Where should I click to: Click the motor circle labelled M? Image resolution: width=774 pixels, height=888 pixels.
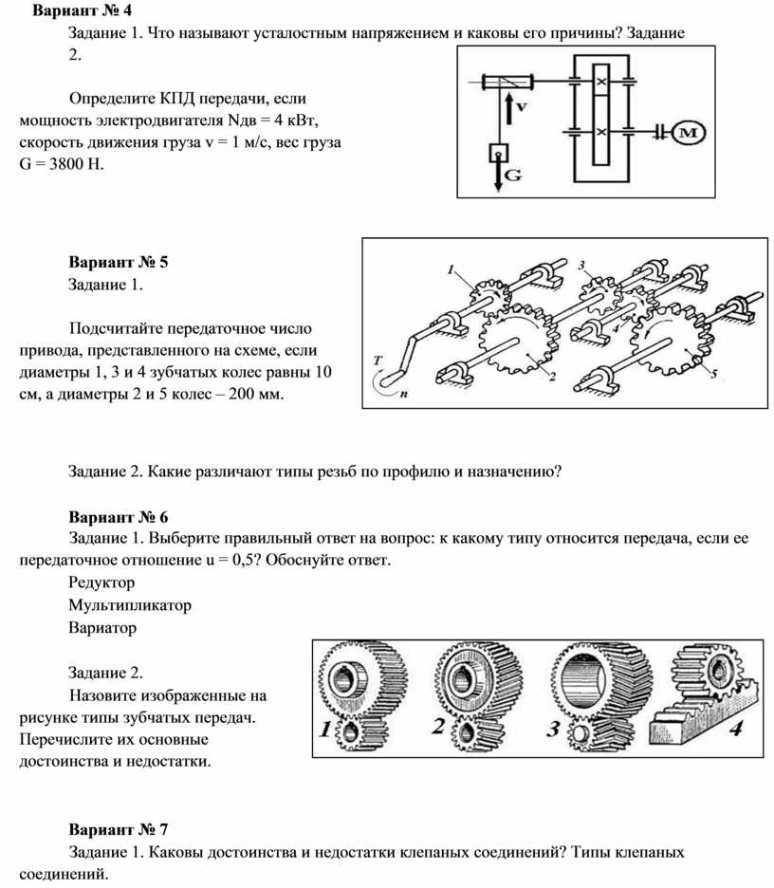(690, 135)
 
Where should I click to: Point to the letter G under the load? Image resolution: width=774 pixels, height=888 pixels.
(513, 176)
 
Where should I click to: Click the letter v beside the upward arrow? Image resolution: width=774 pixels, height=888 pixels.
(523, 106)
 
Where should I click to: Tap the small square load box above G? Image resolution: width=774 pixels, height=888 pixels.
(497, 152)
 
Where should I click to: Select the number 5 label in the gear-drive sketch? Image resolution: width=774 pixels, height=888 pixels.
(714, 372)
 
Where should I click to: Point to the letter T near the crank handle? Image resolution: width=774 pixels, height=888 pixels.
(378, 361)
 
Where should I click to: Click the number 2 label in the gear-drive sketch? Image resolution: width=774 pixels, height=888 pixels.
(550, 377)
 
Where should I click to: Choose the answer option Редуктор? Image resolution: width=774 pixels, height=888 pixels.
(101, 582)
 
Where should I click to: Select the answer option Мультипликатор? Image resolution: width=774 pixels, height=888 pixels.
(130, 604)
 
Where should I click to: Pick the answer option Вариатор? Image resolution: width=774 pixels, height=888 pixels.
(102, 627)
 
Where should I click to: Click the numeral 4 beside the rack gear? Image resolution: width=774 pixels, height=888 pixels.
(737, 729)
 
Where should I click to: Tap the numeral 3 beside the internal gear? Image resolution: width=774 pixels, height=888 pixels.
(552, 730)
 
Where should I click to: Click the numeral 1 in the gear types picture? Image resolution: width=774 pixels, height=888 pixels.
(325, 731)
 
